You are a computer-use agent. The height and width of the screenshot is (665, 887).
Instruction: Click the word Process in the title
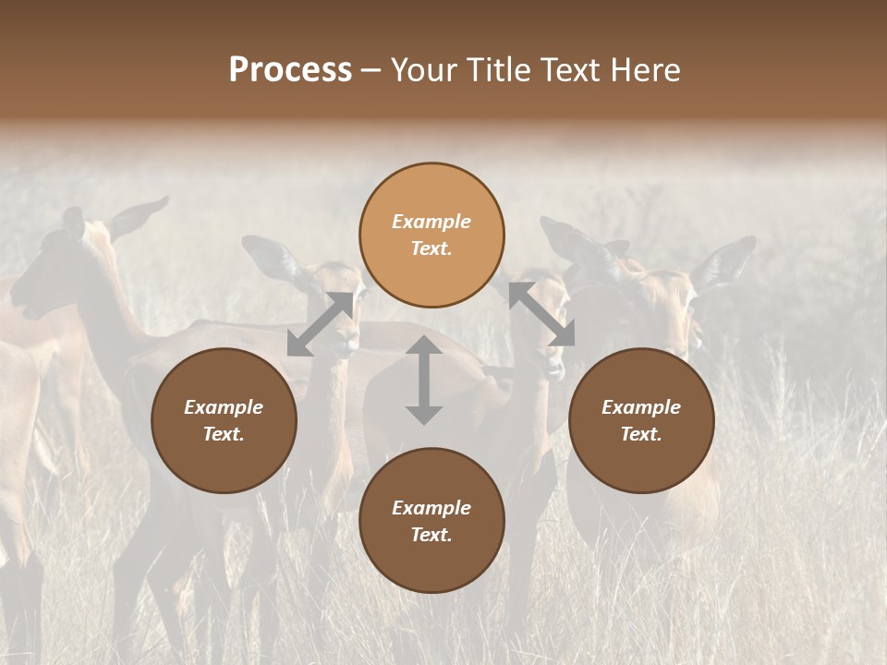(290, 70)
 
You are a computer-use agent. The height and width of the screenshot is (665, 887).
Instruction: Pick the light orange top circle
(431, 236)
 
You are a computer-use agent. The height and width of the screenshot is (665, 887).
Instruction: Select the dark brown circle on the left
(224, 420)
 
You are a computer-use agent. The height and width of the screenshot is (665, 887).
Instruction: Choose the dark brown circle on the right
(641, 420)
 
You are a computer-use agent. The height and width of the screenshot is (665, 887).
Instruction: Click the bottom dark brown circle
(431, 521)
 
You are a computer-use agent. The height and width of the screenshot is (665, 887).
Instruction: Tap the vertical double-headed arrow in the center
(424, 380)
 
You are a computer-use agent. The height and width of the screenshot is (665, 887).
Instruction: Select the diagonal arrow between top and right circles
(541, 315)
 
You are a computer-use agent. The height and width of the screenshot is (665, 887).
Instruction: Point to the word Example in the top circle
(431, 222)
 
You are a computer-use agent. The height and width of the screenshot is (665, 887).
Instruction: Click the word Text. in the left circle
(224, 434)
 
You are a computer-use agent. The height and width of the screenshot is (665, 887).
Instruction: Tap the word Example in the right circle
(641, 407)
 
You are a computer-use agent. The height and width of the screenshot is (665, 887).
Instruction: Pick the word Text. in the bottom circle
(431, 535)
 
